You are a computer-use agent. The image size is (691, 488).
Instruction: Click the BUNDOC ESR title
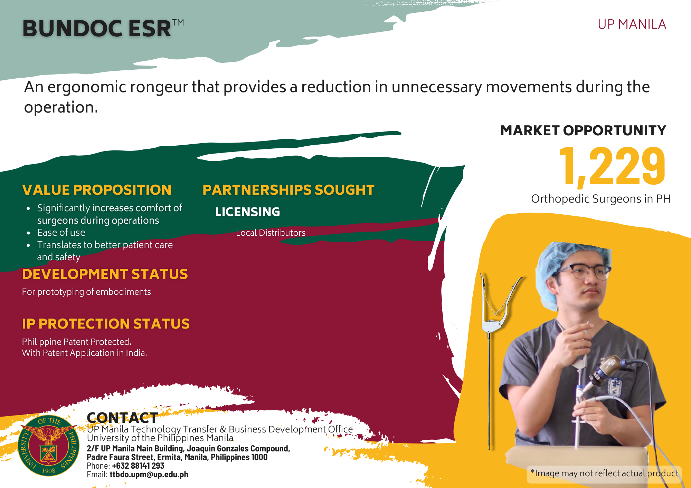(103, 28)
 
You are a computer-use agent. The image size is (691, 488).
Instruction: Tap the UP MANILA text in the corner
(632, 25)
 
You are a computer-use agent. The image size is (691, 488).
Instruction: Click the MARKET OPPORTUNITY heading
(583, 130)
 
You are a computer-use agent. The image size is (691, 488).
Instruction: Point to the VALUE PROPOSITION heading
(97, 190)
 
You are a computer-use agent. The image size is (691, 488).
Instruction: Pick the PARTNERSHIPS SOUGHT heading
(288, 190)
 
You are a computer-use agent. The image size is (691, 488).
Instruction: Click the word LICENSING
(247, 212)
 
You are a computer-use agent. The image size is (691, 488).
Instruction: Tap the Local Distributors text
(271, 233)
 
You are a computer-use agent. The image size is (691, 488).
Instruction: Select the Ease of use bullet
(61, 232)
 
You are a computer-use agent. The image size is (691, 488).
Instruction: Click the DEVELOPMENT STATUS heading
(105, 274)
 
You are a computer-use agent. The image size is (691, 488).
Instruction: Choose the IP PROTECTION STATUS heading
(106, 324)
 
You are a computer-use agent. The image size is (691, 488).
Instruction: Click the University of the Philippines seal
(49, 445)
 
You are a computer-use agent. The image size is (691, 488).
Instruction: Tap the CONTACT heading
(122, 418)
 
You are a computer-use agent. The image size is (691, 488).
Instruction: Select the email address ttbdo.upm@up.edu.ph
(149, 475)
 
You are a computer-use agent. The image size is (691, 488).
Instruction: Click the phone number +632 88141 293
(138, 466)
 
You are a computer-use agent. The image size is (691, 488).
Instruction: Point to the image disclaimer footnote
(604, 473)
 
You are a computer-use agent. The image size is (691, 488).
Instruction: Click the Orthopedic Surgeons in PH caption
(601, 199)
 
